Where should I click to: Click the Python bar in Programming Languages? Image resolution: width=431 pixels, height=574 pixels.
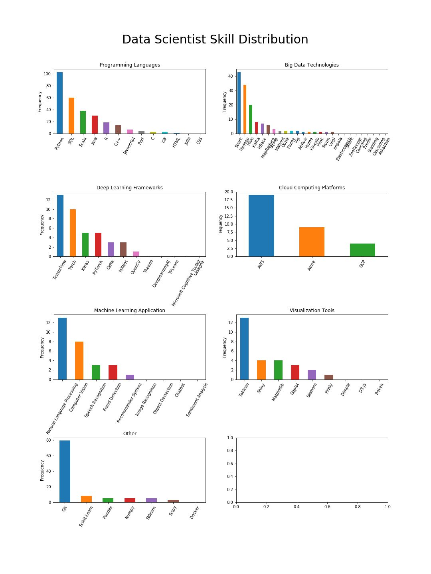click(x=59, y=103)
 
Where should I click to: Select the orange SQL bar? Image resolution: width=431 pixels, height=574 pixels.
click(x=71, y=116)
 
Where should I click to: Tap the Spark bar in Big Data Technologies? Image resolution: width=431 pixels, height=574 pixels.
click(x=239, y=103)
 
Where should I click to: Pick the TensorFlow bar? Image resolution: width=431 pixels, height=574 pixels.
click(x=60, y=226)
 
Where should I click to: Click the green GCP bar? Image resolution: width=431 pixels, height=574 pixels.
click(x=362, y=250)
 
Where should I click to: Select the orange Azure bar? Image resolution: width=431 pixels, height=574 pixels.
click(x=312, y=242)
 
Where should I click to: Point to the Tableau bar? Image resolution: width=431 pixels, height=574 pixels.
click(x=244, y=348)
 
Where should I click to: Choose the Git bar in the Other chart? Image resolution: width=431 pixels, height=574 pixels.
click(x=65, y=471)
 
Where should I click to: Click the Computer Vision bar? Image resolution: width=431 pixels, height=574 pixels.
click(x=79, y=360)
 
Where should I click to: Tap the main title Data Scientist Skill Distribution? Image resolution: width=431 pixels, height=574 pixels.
click(x=215, y=39)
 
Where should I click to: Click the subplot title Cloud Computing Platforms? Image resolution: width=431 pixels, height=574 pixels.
click(x=312, y=188)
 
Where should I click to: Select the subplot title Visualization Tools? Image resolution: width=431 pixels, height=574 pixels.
click(x=312, y=311)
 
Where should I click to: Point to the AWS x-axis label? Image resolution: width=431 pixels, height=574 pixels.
click(x=261, y=264)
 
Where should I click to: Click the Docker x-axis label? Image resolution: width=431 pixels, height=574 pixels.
click(x=194, y=513)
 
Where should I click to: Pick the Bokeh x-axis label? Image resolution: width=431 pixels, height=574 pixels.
click(x=379, y=389)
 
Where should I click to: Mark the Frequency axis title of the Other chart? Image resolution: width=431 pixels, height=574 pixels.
click(x=42, y=470)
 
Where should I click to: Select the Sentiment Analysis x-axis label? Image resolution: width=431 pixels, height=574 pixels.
click(x=197, y=400)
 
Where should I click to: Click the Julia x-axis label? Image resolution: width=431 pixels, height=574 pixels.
click(x=188, y=141)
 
